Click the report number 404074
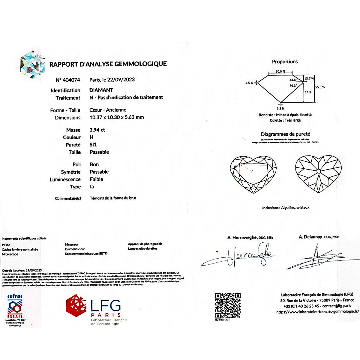(71, 80)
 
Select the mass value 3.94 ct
(97, 130)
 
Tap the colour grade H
(91, 137)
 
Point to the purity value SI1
(93, 145)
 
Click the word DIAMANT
(101, 90)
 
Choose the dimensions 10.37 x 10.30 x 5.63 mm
(116, 117)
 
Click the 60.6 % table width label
(280, 71)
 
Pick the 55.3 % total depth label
(320, 87)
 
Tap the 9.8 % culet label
(280, 109)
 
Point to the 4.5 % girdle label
(249, 83)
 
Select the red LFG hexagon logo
(76, 306)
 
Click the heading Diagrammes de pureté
(285, 134)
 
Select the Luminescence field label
(65, 179)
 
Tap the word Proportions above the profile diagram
(285, 61)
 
